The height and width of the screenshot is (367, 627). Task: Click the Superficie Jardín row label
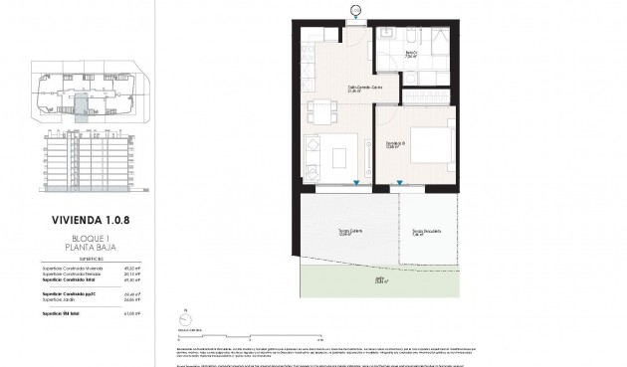pyautogui.click(x=61, y=300)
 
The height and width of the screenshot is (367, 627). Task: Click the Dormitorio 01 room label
pyautogui.click(x=395, y=146)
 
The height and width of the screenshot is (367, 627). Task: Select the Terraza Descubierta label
pyautogui.click(x=425, y=234)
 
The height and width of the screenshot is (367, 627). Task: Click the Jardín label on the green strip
pyautogui.click(x=379, y=281)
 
